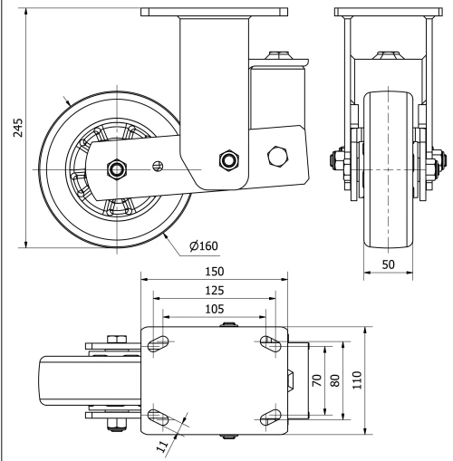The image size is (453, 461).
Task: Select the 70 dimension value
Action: coord(316,380)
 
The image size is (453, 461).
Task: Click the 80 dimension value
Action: coord(335,380)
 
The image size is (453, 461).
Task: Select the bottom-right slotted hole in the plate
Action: coord(269,418)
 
